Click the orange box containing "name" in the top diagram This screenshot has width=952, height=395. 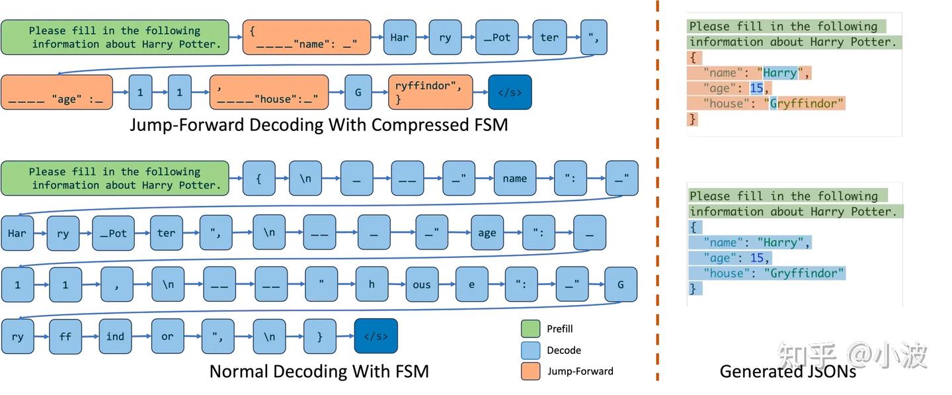tap(303, 37)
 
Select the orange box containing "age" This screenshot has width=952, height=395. tap(57, 92)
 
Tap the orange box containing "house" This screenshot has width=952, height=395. tap(268, 92)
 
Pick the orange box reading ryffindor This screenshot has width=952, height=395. tap(430, 92)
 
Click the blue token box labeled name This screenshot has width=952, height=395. tap(514, 178)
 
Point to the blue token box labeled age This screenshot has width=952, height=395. tap(487, 232)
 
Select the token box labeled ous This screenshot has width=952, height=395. tap(421, 285)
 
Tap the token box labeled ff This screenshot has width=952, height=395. tap(65, 336)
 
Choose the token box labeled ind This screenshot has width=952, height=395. tap(115, 336)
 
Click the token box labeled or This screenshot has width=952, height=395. tap(167, 336)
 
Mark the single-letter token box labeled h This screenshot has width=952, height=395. tap(372, 285)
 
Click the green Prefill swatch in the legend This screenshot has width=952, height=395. tap(530, 329)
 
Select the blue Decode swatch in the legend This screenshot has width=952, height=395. tap(530, 350)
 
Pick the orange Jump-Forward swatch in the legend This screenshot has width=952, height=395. tap(530, 371)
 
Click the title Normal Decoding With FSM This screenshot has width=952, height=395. tap(319, 371)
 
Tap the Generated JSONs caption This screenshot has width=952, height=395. tap(787, 371)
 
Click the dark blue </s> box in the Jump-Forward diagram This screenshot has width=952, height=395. tap(510, 92)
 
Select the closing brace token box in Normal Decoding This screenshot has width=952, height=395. tap(319, 336)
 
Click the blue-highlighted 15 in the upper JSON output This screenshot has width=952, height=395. tap(756, 88)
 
